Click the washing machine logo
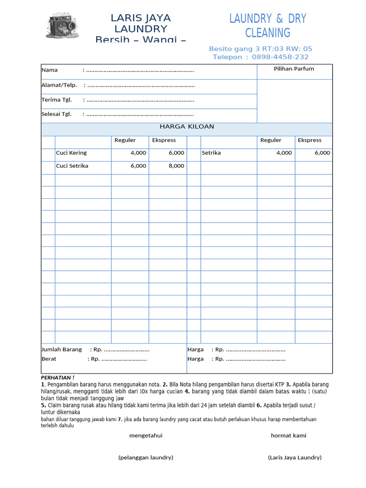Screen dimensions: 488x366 coord(63,25)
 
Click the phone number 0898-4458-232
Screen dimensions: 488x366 coord(280,57)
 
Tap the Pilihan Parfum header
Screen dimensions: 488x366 coord(294,69)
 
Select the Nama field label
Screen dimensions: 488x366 coord(50,70)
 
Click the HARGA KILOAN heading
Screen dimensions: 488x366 coord(187,127)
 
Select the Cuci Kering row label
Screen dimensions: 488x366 coord(71,153)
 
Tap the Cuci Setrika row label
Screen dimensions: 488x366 coord(72,166)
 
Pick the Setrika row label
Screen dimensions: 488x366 coord(211,153)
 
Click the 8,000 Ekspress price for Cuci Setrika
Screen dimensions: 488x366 coord(176,166)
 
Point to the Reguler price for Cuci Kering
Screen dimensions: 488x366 coord(139,153)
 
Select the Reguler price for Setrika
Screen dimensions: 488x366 coord(285,153)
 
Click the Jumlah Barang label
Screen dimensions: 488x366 coord(61,349)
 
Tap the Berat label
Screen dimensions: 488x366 coord(49,359)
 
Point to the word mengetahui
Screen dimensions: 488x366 coord(146,436)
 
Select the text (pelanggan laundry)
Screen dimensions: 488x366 coord(146,457)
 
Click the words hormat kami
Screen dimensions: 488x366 coord(289,436)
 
